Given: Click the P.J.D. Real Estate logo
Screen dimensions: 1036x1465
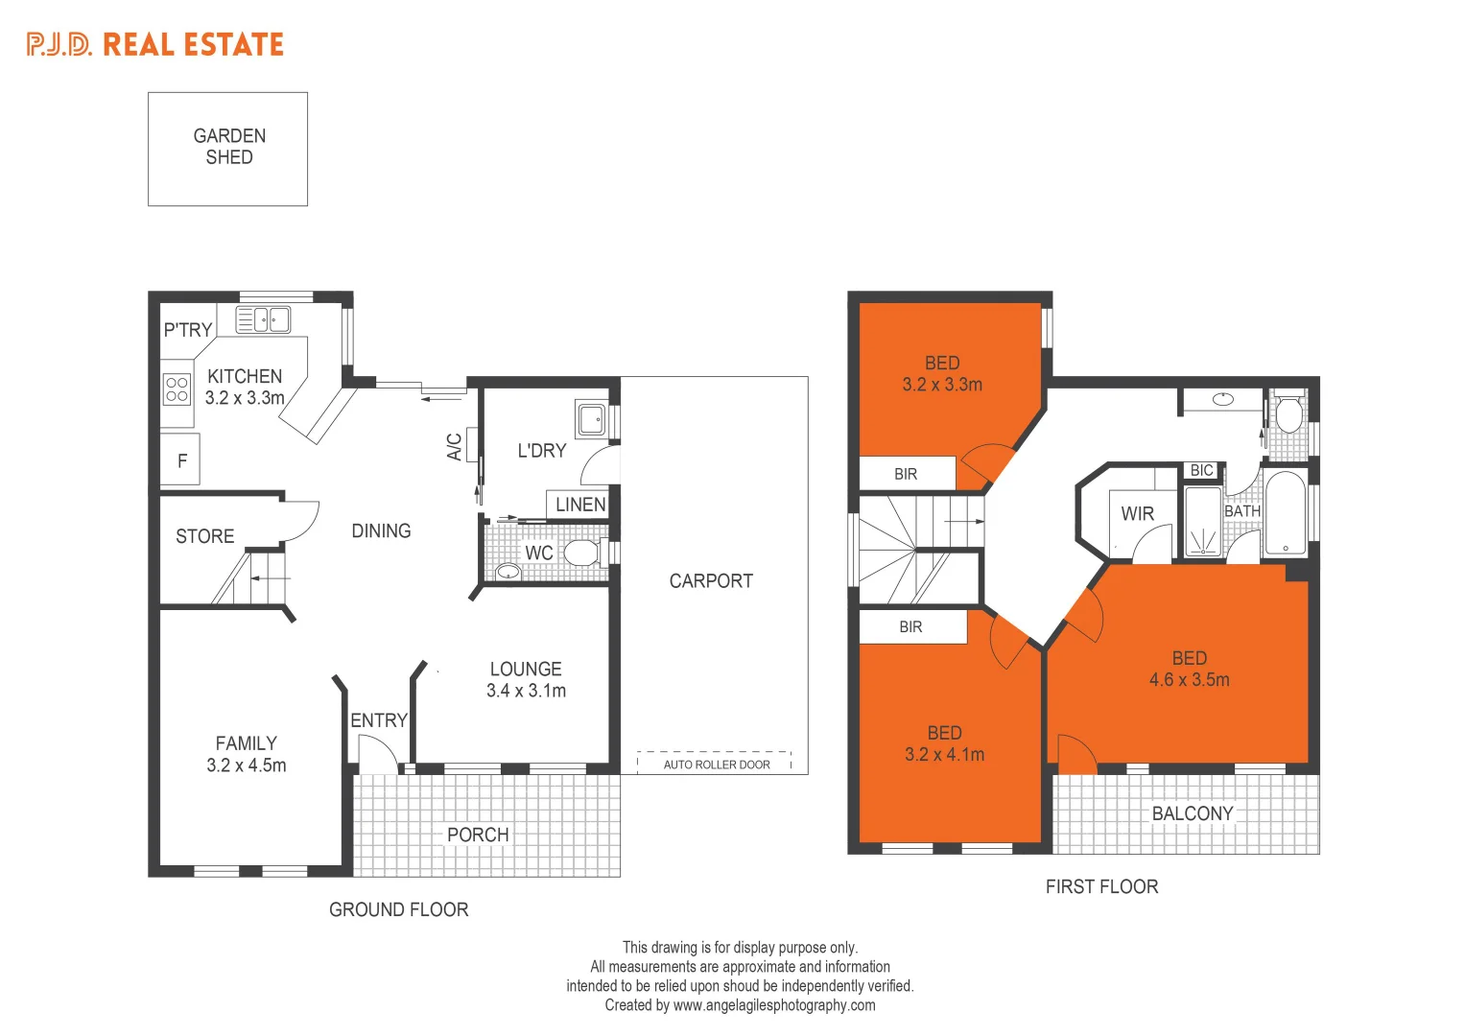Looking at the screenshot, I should (x=155, y=45).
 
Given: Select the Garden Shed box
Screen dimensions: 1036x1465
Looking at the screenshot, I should (x=228, y=149).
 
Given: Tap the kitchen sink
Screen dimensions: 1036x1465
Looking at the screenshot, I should (x=263, y=319).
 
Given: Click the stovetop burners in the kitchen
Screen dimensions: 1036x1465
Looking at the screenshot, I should (x=177, y=388).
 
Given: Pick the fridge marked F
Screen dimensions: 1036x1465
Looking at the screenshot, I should (x=181, y=461).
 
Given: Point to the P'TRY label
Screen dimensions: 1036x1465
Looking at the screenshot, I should (x=187, y=330).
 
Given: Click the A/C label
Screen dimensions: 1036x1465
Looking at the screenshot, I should (x=455, y=446).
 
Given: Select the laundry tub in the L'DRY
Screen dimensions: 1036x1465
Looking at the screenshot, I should (x=591, y=418).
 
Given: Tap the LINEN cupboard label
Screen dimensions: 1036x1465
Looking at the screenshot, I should (x=580, y=505).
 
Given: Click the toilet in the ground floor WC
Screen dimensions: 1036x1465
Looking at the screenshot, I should (x=580, y=553).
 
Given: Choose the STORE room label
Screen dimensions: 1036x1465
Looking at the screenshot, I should (x=204, y=536).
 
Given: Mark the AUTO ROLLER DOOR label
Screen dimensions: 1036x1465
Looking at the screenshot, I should (x=717, y=765).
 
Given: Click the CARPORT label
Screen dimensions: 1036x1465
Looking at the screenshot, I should (x=711, y=581).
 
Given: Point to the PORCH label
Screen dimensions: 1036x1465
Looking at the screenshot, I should (x=478, y=835).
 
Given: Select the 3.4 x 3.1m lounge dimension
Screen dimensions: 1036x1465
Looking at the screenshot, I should (x=526, y=691).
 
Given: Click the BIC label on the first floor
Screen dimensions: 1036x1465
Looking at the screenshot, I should (x=1201, y=471).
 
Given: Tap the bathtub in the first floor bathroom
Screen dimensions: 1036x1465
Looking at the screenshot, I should (x=1285, y=512).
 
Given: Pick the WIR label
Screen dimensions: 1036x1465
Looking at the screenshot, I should (x=1137, y=514).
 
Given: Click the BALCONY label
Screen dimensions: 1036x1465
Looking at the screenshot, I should (x=1193, y=813).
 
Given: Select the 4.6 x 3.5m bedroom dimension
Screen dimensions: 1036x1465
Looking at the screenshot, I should (x=1190, y=680).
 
